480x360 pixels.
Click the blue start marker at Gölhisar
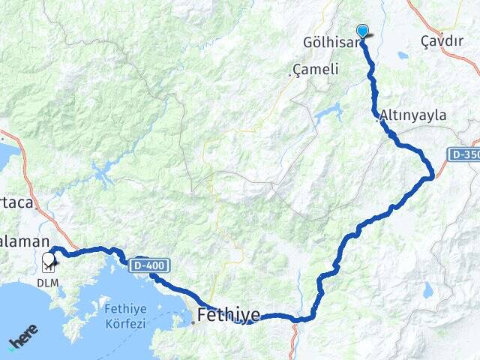(x=363, y=31)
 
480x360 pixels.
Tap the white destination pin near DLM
(x=49, y=259)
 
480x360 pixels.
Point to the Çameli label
(x=318, y=69)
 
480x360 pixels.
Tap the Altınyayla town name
(x=413, y=115)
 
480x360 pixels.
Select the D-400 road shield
(x=151, y=265)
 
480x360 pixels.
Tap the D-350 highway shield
(x=465, y=154)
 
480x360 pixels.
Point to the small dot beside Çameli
(x=290, y=73)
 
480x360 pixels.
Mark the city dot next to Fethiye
(x=193, y=322)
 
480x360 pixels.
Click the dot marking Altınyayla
(x=376, y=118)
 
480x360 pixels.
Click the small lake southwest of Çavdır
(x=403, y=55)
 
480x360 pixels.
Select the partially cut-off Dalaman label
(x=25, y=241)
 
